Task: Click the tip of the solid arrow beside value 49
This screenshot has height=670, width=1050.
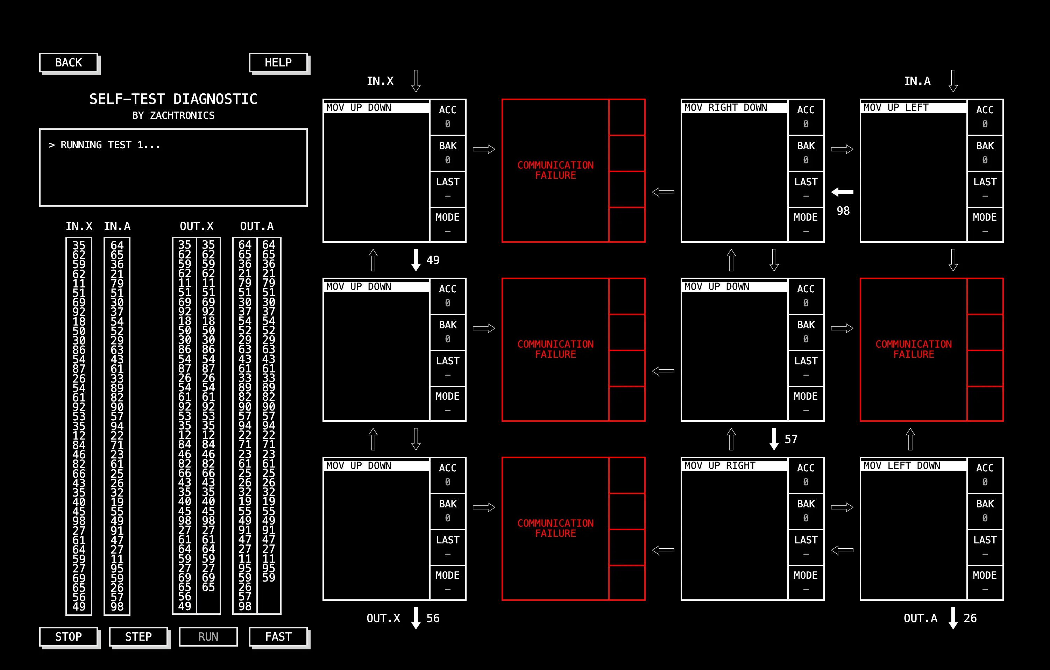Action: [x=416, y=271]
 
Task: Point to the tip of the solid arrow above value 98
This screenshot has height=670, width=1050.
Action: [x=831, y=192]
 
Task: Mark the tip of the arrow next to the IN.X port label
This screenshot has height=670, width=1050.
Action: [x=416, y=92]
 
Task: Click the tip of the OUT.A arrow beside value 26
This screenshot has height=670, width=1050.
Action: [x=953, y=629]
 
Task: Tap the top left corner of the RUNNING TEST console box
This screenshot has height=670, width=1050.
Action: [x=40, y=129]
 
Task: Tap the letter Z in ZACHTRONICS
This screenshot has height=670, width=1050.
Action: [x=152, y=115]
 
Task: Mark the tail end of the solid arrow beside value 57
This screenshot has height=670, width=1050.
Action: [x=774, y=428]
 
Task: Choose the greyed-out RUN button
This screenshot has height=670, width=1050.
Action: [x=208, y=636]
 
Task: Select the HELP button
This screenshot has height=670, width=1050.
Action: [x=278, y=62]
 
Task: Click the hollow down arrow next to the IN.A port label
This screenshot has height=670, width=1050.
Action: [x=953, y=81]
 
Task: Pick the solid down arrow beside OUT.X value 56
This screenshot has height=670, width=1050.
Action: [x=416, y=618]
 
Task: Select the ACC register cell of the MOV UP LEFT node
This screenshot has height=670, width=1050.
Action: [x=985, y=117]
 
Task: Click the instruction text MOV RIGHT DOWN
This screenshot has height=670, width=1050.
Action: [x=725, y=108]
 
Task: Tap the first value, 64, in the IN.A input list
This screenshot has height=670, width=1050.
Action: [x=117, y=245]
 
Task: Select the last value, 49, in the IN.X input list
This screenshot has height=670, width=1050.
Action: [x=79, y=606]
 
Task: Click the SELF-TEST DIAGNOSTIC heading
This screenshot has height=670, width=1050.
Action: [x=173, y=99]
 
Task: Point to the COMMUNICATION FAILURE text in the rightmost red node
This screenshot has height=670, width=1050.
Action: [x=914, y=349]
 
